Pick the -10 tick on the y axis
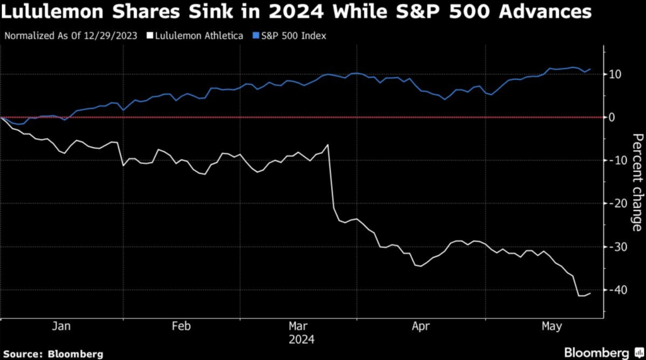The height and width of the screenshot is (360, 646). pyautogui.click(x=616, y=160)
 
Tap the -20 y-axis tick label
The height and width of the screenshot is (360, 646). pyautogui.click(x=616, y=203)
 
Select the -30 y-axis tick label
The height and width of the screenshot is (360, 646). pyautogui.click(x=616, y=247)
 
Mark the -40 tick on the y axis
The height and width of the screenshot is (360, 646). pyautogui.click(x=616, y=289)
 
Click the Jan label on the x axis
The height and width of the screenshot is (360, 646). pyautogui.click(x=61, y=327)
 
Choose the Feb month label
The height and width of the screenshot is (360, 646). pyautogui.click(x=181, y=327)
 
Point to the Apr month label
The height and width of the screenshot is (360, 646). pyautogui.click(x=420, y=327)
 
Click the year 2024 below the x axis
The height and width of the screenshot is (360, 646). pyautogui.click(x=300, y=339)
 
